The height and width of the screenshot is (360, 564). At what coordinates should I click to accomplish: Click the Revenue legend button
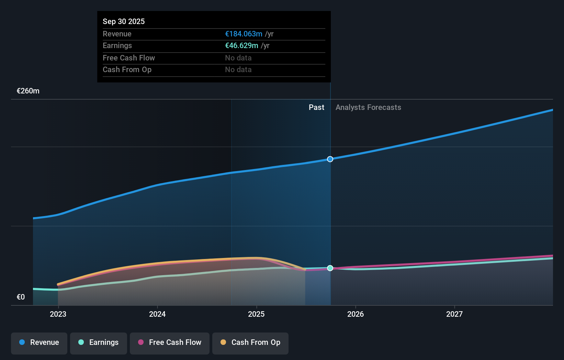[39, 342]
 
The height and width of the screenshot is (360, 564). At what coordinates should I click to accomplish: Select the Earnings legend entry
[99, 342]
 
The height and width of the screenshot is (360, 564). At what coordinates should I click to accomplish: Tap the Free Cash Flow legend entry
[170, 342]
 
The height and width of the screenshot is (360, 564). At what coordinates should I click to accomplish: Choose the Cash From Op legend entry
[250, 342]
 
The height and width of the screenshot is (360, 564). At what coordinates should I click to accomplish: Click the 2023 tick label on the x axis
[58, 314]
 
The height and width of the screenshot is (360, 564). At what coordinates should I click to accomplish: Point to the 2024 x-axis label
[157, 314]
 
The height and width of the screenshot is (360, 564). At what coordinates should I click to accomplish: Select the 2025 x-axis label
[256, 314]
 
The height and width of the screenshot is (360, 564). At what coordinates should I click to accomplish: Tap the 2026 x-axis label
[356, 314]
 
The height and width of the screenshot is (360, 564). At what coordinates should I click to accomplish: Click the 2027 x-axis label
[454, 314]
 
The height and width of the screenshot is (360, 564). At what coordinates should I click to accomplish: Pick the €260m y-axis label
[28, 91]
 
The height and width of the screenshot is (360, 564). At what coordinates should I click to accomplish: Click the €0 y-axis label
[21, 297]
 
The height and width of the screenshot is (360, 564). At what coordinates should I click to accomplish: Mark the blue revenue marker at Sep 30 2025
[330, 159]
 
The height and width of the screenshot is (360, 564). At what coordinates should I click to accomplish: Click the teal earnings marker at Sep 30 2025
[330, 268]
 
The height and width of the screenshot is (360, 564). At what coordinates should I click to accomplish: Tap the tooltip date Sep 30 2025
[124, 21]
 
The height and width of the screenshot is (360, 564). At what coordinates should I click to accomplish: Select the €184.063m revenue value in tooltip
[244, 34]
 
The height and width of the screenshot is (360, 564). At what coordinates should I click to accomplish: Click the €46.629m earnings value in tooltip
[241, 46]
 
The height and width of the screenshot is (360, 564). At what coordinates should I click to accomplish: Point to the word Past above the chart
[316, 108]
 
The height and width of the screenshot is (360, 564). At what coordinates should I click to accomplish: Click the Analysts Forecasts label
[368, 108]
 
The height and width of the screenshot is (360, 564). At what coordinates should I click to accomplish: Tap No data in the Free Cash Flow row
[238, 58]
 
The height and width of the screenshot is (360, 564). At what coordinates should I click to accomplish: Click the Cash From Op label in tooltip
[127, 70]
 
